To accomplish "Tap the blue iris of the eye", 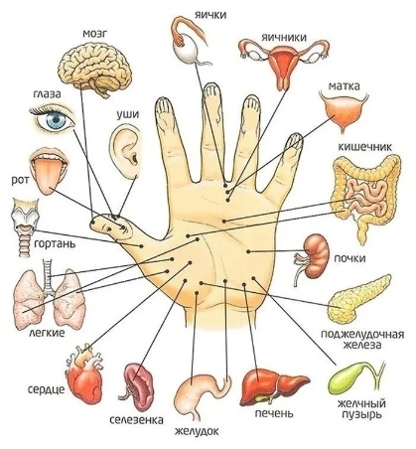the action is pos(56,120).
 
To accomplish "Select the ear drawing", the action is pos(126,151).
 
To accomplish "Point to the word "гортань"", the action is pos(55,244).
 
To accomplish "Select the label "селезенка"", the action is pos(136,420).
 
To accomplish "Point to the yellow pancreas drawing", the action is pos(358,300).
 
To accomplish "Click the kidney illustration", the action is pos(315,257).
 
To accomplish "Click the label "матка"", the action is pos(344,86).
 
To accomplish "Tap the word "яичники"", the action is pos(284,37).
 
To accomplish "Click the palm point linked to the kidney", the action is pos(248,251).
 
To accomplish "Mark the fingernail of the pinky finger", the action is pos(295,140).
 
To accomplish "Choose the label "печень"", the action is pos(274,413).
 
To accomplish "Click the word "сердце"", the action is pos(46,388).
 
